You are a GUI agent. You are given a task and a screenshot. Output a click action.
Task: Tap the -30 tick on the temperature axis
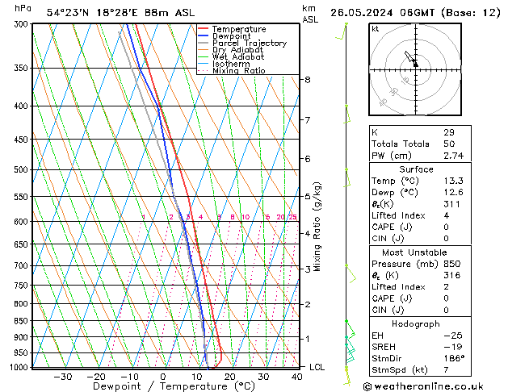click(62, 377)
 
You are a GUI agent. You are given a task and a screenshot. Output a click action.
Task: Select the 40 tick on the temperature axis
click(297, 377)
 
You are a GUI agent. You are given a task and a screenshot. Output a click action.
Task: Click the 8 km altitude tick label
click(308, 80)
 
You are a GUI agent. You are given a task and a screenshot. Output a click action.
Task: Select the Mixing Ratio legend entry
click(238, 70)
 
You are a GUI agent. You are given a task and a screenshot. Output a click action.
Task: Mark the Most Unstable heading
click(415, 252)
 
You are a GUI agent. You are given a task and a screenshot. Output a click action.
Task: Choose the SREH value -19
click(449, 346)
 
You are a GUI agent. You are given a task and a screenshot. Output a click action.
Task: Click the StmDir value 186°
click(451, 358)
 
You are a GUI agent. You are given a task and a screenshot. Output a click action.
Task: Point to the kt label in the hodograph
click(375, 28)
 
